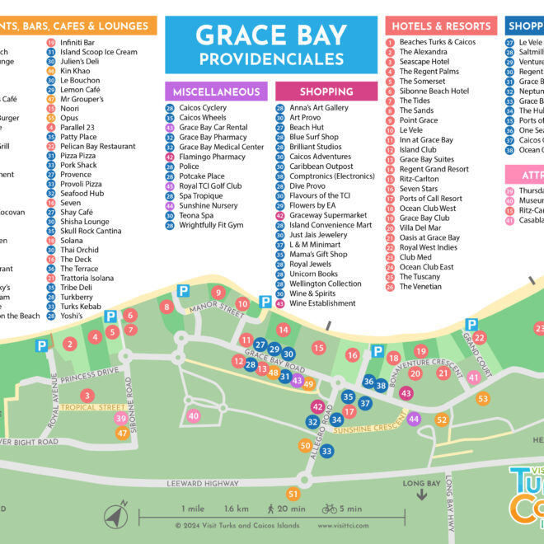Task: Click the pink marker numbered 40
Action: point(194,416)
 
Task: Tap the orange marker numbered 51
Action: point(293,494)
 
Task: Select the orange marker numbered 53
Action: point(483,399)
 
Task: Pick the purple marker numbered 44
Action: point(414,419)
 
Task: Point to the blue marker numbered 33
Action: point(327,451)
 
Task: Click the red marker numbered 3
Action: point(63,396)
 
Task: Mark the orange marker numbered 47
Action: point(122,433)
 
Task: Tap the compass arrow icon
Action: point(115,516)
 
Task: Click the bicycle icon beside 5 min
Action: point(330,509)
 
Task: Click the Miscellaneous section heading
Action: point(215,91)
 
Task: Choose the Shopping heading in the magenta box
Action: point(326,91)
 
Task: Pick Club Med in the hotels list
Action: point(415,257)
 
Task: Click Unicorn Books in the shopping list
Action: point(313,274)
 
